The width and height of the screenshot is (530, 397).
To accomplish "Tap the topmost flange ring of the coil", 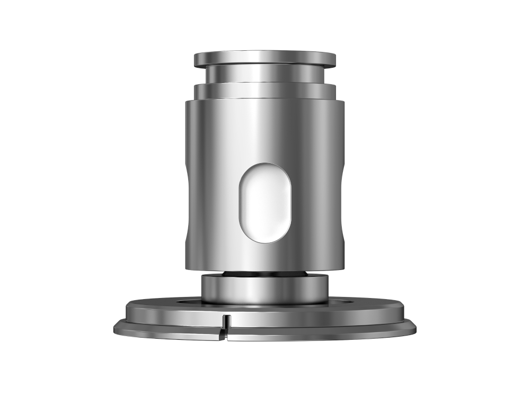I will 264,58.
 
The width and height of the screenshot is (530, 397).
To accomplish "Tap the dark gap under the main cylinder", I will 264,273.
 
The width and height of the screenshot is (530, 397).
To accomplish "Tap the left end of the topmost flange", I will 196,59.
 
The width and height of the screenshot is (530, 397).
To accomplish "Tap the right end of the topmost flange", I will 334,59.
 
